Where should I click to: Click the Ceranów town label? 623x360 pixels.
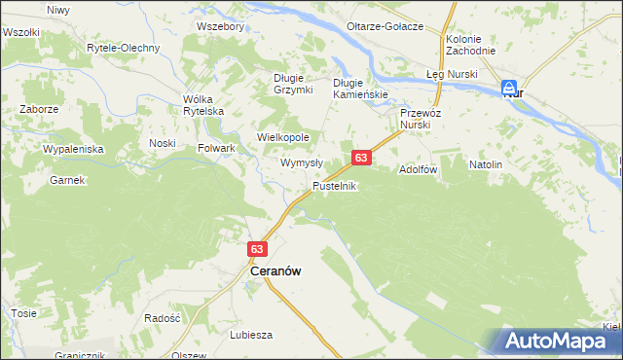tap(275, 273)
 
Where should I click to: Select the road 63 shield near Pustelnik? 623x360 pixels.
tap(361, 158)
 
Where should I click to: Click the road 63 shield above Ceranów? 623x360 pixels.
tap(257, 249)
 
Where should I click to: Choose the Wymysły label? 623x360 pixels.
tap(302, 162)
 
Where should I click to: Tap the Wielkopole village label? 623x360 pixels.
tap(282, 138)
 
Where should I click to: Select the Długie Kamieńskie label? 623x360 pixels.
tap(360, 89)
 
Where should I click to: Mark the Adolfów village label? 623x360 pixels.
tap(420, 169)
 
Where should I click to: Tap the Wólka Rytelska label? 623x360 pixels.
tap(203, 105)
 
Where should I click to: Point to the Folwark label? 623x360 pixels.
tap(217, 148)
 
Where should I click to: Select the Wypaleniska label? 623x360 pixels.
tap(73, 150)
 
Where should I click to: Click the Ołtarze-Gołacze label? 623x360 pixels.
tap(387, 26)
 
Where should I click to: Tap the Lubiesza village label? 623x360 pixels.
tap(250, 334)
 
